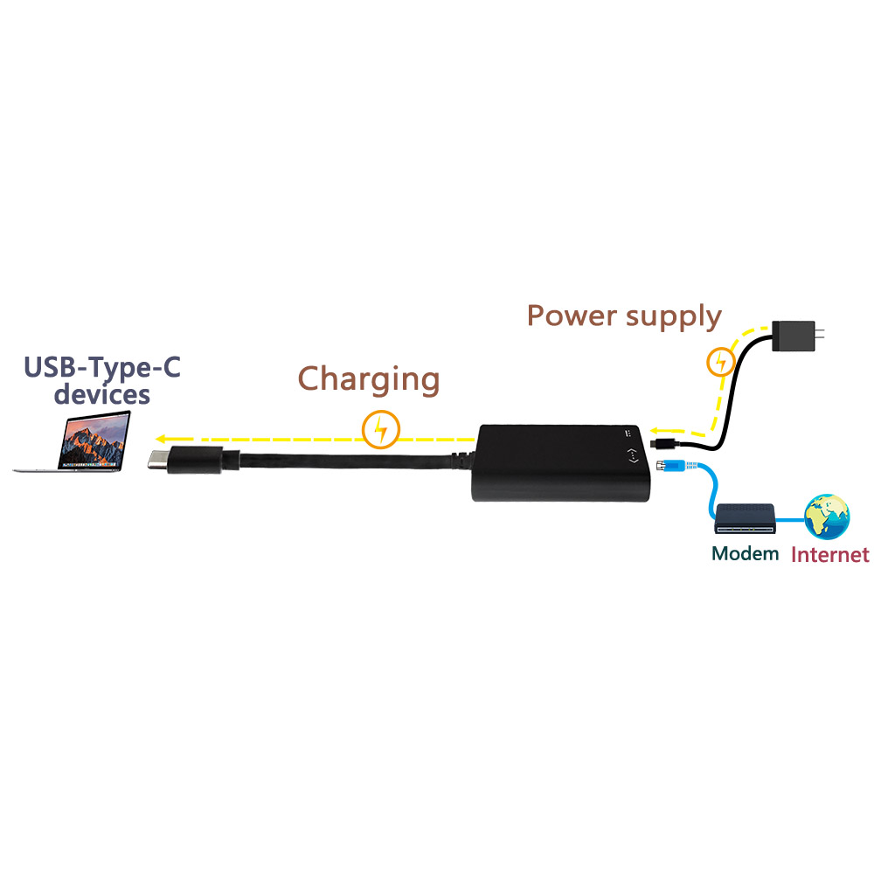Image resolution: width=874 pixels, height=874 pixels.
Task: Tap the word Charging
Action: click(368, 379)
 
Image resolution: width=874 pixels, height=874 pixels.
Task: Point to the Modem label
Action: click(745, 553)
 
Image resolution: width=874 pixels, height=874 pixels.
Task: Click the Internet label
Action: click(829, 554)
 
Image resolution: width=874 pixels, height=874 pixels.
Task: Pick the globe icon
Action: click(827, 516)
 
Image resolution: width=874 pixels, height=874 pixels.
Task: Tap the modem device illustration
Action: click(746, 518)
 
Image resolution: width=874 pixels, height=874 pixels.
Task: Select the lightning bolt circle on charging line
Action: click(381, 430)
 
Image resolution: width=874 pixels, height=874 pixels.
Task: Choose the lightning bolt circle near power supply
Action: click(720, 361)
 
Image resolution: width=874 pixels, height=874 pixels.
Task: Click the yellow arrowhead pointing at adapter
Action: click(654, 431)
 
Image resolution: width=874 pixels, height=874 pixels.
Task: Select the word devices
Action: click(101, 395)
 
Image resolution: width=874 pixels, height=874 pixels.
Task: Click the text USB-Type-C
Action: click(102, 366)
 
